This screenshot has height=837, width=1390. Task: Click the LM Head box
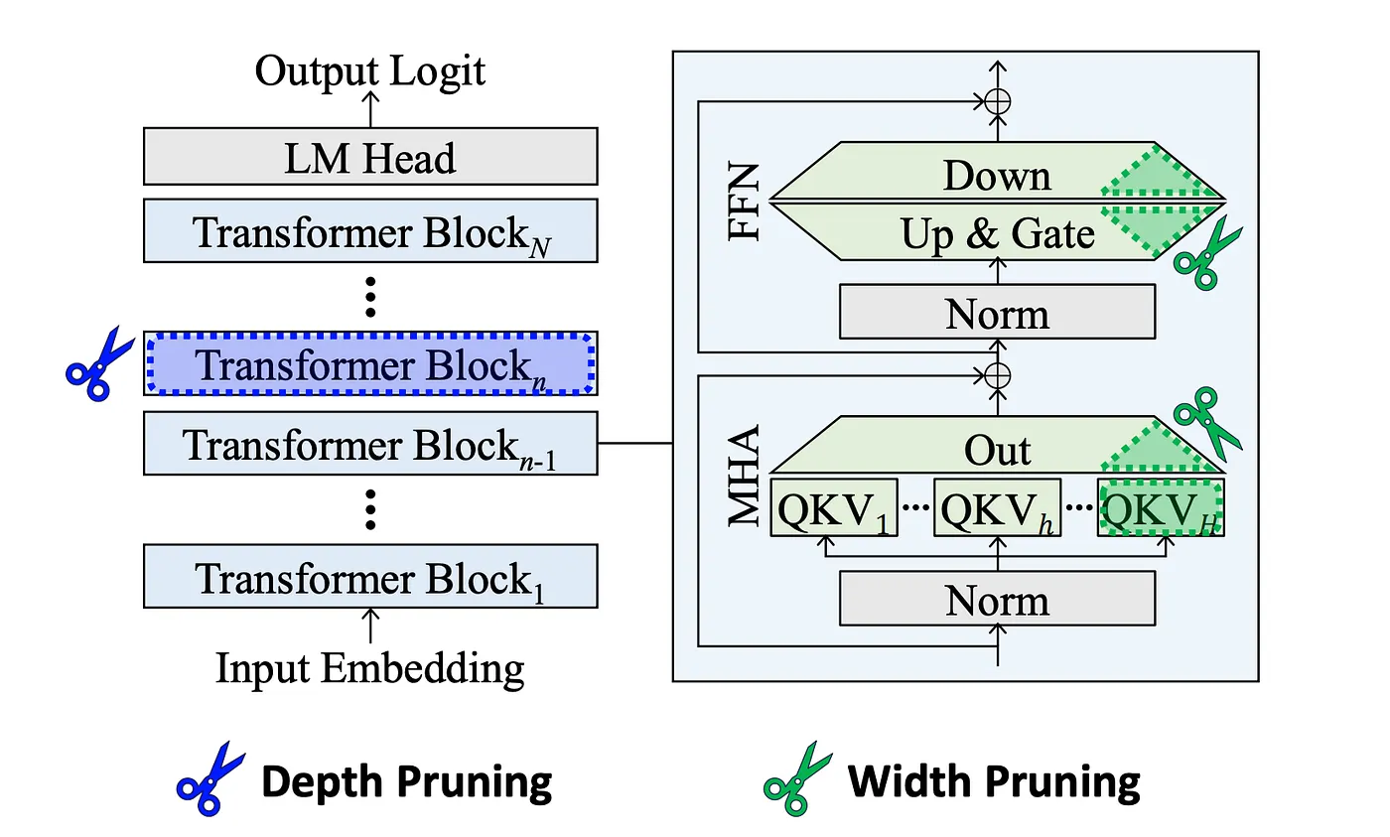tap(370, 157)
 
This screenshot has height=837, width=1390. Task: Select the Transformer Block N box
tap(370, 230)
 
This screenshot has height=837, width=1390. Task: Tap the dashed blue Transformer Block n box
tap(370, 363)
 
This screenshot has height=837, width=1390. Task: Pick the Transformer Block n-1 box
tap(370, 445)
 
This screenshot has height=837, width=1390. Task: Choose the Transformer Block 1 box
tap(370, 577)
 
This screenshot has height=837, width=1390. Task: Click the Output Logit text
tap(370, 71)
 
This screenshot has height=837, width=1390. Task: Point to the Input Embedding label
tap(370, 668)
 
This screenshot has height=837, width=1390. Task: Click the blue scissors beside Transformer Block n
tap(99, 362)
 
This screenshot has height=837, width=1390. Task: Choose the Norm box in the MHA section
tap(997, 599)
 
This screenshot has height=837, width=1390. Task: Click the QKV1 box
tap(835, 509)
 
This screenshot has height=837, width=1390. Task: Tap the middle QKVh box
tap(997, 509)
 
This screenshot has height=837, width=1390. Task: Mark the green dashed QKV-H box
tap(1161, 509)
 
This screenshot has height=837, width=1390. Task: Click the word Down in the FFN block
tap(996, 175)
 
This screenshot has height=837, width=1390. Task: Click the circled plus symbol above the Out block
tap(998, 375)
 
